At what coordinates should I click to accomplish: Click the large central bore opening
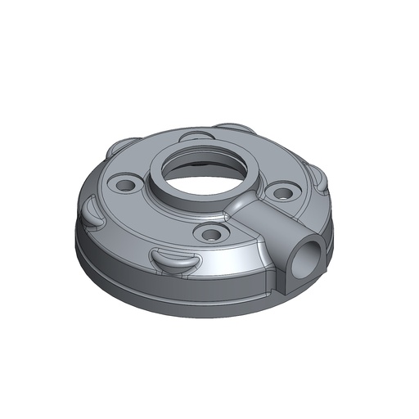tap(201, 173)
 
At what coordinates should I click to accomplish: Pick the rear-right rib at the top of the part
tap(237, 128)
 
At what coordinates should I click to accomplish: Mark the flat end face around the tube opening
tap(300, 266)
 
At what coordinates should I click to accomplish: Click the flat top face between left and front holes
tap(160, 217)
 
